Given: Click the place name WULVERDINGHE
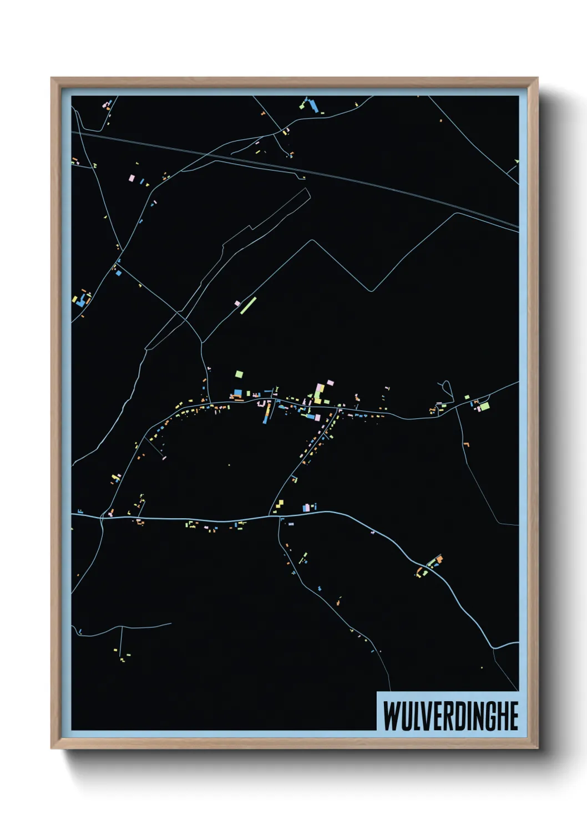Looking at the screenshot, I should coord(450,716).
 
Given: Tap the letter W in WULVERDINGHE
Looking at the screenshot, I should coord(390,716).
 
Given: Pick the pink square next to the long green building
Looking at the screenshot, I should coord(237,303).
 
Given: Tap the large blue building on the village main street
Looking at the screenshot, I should coord(238,393).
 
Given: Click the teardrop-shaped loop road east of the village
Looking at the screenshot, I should coord(446,388).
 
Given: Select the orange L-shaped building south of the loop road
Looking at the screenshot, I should coord(467,444).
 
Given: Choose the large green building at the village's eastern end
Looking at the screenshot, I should coord(484,406).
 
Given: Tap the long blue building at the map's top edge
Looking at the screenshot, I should coord(312,105).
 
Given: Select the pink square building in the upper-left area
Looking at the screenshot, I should coord(131,178).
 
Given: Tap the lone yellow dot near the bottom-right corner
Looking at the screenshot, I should coord(482,667).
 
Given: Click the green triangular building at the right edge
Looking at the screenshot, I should coord(517,161).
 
